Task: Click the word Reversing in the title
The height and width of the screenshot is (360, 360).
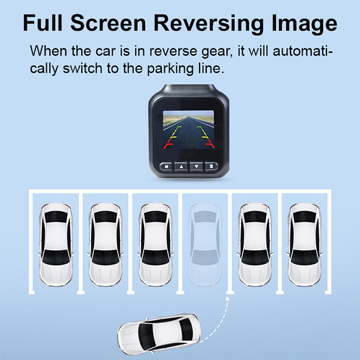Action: point(209,24)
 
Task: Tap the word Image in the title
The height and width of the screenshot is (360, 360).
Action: point(304,24)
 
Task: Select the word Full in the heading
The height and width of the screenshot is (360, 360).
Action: point(43,23)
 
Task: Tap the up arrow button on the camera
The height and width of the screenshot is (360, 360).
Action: point(181,166)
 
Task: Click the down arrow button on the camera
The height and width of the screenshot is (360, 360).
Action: point(196,166)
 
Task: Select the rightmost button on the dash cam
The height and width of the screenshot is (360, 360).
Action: point(211,166)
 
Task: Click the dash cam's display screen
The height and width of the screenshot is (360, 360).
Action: point(189,130)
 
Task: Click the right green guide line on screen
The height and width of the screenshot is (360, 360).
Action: point(200,127)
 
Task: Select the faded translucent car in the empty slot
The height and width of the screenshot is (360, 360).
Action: point(205,245)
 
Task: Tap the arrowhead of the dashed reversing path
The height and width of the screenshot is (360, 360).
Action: point(228,298)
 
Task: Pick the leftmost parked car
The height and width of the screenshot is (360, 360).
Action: point(56,245)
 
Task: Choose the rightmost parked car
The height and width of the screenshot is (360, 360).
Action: point(304,245)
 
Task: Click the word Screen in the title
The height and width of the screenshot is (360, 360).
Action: point(108,23)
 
